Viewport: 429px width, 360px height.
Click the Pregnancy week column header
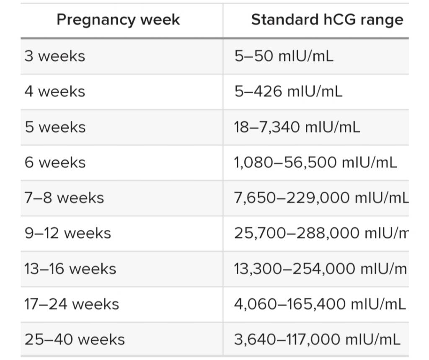(118, 20)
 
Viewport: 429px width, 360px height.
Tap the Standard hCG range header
(327, 20)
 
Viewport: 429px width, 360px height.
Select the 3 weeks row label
(55, 56)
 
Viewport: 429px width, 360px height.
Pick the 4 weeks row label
(55, 91)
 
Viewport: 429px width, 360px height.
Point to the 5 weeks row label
(55, 127)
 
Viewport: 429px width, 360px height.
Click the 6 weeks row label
(55, 162)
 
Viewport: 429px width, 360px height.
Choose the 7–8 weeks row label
(64, 198)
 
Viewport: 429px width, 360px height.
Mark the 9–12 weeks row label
(68, 233)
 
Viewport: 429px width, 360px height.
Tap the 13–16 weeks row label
(70, 268)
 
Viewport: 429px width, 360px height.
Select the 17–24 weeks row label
(72, 304)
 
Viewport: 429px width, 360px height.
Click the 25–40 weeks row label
(75, 339)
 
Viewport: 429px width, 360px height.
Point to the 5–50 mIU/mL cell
(284, 56)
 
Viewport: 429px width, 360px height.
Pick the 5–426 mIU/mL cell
(288, 91)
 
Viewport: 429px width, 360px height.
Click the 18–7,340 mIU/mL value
(297, 127)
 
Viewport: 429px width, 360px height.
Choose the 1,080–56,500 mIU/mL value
(315, 162)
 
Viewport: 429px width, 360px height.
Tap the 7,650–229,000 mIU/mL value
(321, 198)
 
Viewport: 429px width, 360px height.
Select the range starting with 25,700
(321, 233)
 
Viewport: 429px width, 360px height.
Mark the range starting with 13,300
(320, 268)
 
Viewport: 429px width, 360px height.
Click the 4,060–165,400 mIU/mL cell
(320, 304)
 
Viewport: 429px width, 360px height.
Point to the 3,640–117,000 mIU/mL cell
(318, 339)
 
